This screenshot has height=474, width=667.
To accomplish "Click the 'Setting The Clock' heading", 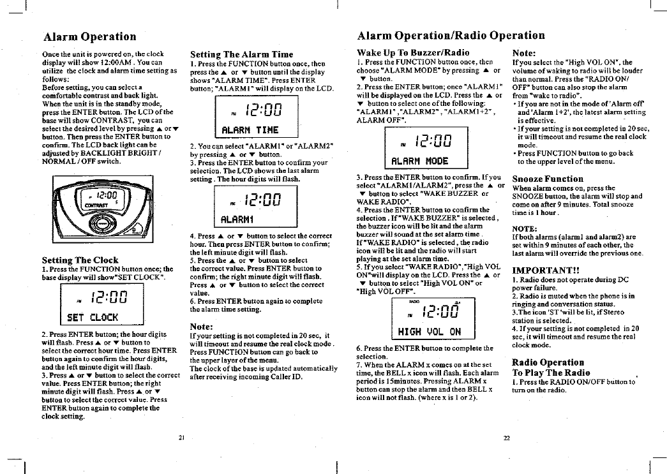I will point(80,260).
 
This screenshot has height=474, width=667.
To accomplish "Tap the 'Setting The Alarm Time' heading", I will point(242,54).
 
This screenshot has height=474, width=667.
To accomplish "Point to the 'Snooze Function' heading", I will point(548,179).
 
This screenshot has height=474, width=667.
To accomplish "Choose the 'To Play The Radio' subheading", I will point(551,372).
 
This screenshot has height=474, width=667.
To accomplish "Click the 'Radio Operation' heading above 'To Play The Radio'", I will point(548,362).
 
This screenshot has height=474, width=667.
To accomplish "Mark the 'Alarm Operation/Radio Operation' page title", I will point(451,36).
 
